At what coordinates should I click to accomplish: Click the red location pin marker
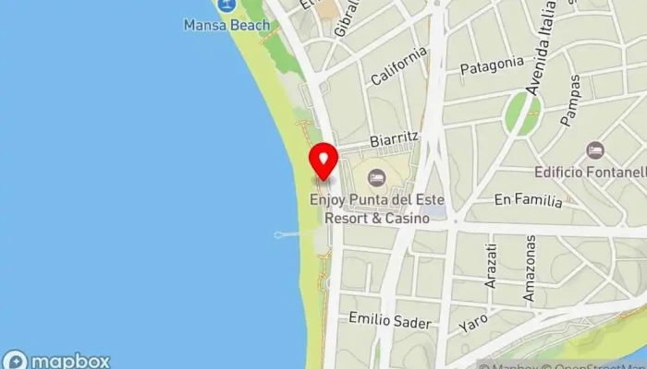point(323,161)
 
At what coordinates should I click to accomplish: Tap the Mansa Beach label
point(226,25)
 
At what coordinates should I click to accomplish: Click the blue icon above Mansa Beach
point(226,6)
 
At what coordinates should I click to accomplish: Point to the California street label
point(399,65)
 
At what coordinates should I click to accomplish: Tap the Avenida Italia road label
point(541,47)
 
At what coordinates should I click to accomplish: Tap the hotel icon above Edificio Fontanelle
point(594,150)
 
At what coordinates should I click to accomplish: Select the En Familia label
point(528,199)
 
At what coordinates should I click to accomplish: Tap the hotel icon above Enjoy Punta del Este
point(376,176)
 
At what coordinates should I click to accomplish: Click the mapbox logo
point(56,360)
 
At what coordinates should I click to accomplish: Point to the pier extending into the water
point(296,234)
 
